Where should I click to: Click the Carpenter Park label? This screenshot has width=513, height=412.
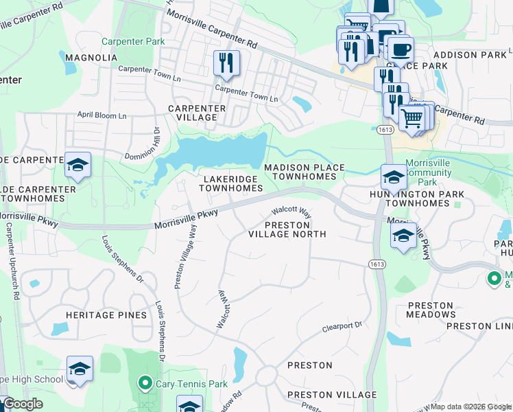tap(133, 42)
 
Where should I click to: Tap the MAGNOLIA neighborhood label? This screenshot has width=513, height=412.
tap(91, 58)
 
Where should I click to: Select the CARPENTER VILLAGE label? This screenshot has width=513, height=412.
tap(197, 113)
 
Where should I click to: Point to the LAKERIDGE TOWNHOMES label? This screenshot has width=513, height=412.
tap(231, 183)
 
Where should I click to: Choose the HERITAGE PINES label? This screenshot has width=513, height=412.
tap(106, 315)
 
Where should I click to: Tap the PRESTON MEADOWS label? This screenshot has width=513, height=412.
tap(431, 310)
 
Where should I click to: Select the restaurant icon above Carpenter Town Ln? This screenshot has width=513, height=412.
tap(226, 63)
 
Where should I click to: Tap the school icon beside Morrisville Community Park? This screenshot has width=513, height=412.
tap(394, 176)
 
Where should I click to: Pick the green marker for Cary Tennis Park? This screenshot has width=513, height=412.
tap(145, 383)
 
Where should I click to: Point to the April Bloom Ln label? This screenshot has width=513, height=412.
tap(102, 115)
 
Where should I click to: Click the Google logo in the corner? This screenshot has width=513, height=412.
tap(23, 404)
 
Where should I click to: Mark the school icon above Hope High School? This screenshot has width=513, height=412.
tap(80, 369)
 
